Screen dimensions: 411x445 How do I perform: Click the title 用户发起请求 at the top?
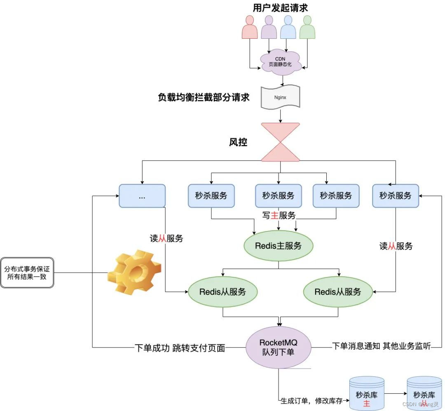[x=280, y=7]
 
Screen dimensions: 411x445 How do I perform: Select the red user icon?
[x=250, y=28]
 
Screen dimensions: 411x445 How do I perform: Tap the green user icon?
[x=307, y=28]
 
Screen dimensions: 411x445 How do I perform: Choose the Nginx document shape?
[x=280, y=98]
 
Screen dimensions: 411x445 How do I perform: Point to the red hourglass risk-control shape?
[x=280, y=142]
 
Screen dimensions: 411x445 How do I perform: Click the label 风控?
[x=238, y=142]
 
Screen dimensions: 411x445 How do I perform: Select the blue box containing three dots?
[x=142, y=196]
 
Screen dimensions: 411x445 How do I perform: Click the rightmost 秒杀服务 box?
[x=395, y=196]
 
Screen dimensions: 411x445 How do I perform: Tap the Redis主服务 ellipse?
[x=278, y=246]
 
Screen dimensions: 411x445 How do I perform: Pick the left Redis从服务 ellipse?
[x=222, y=292]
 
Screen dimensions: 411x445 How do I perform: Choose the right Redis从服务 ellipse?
[x=337, y=292]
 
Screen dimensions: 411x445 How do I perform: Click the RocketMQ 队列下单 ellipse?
[x=279, y=348]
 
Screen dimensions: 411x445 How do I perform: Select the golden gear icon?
[x=134, y=272]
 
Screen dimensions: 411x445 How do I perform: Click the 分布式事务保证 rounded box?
[x=27, y=273]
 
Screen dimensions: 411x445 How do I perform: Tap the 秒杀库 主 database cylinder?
[x=366, y=393]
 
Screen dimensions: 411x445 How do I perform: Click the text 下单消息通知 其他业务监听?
[x=381, y=346]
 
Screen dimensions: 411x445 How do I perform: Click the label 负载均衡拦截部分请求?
[x=204, y=98]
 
